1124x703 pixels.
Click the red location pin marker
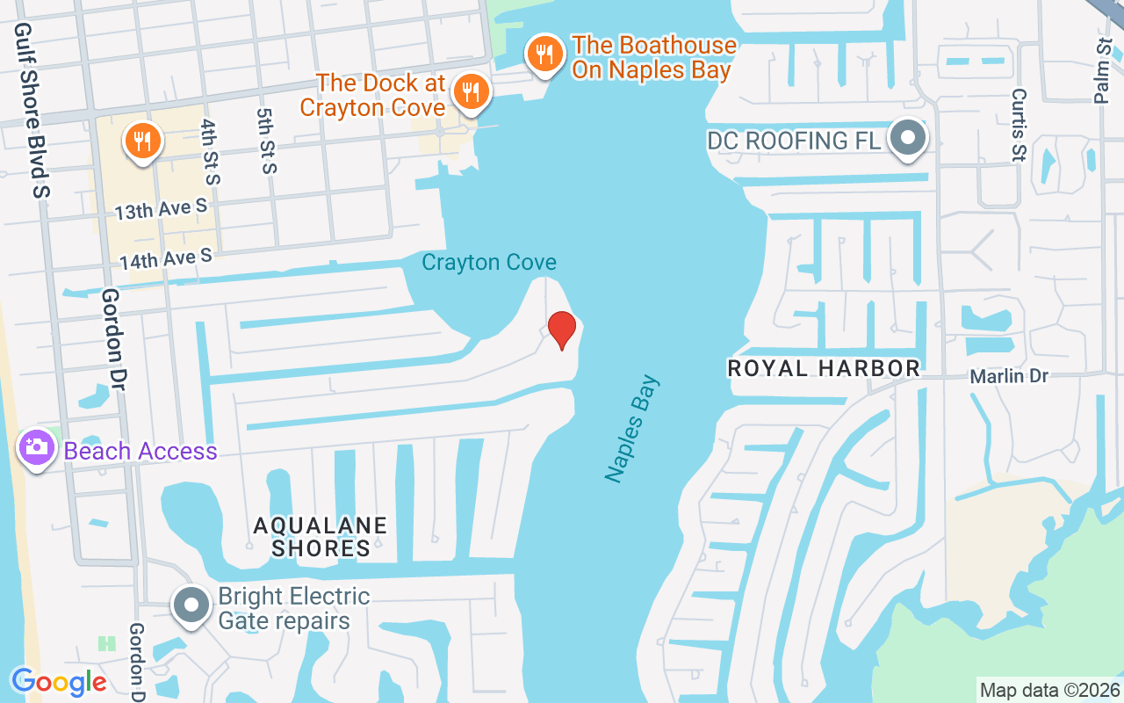pos(562,330)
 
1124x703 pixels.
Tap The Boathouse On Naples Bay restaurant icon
pos(545,55)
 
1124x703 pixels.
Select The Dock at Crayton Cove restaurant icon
pos(472,91)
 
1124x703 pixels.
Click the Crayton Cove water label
pos(489,262)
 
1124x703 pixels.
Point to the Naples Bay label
pos(632,429)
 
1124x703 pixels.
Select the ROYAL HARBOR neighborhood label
pos(824,368)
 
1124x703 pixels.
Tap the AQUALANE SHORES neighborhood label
pos(321,537)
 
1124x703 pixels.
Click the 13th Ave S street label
pos(161,209)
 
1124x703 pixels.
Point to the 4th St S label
pos(210,151)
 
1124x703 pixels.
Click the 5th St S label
pos(266,141)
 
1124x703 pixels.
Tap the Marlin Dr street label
pos(1009,376)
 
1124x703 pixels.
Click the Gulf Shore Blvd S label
pos(32,110)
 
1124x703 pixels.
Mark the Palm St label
pos(1103,70)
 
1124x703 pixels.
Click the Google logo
pos(59,681)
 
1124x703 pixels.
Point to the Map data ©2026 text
pos(1049,690)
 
